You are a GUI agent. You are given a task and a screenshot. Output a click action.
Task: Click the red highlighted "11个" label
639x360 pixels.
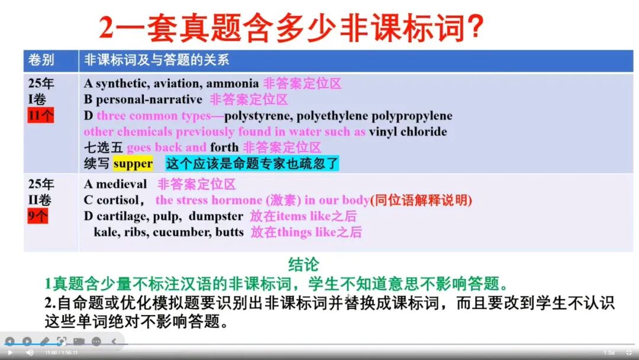click(x=40, y=115)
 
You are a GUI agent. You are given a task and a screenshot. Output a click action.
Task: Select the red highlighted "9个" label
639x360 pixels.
click(x=38, y=216)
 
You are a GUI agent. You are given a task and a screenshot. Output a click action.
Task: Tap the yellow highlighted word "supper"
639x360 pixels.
click(x=133, y=163)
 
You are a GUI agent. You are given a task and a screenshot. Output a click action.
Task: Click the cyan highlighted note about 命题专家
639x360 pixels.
click(x=252, y=163)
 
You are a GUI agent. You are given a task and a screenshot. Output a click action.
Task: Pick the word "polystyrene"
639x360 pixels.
click(x=259, y=115)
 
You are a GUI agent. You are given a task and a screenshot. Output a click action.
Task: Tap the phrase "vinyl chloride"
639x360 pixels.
click(x=408, y=131)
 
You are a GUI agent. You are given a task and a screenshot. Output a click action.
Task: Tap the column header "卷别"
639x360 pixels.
click(x=41, y=60)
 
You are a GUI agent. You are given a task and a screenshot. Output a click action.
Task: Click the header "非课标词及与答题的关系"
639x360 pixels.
click(x=156, y=60)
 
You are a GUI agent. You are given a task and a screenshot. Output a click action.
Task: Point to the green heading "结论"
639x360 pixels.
click(x=303, y=264)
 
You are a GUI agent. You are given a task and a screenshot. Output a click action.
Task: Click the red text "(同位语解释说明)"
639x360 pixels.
click(x=421, y=200)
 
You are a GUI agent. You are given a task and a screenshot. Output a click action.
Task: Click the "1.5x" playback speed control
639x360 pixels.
click(x=609, y=352)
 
